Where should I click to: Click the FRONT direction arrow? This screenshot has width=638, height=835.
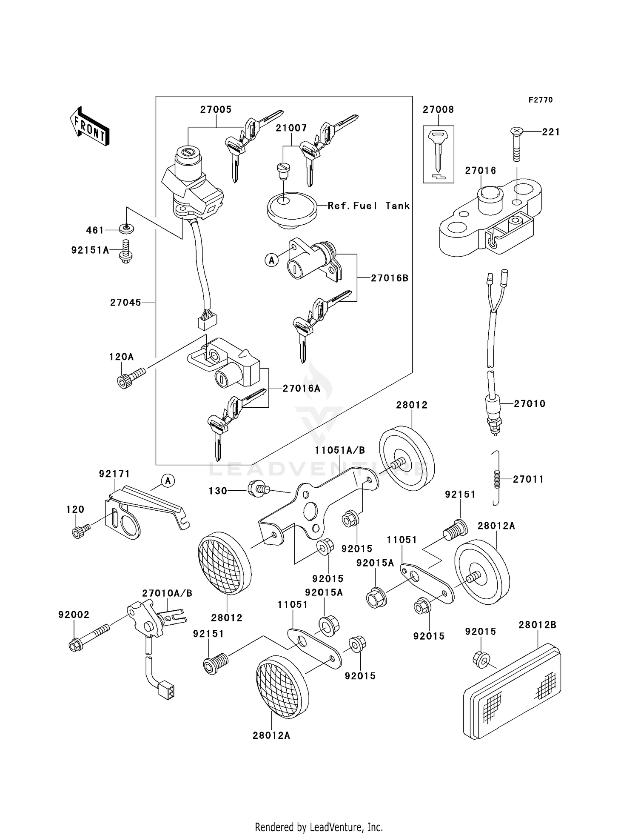tap(89, 126)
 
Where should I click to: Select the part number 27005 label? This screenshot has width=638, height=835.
tap(216, 110)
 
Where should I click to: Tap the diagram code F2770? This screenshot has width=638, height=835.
tap(541, 100)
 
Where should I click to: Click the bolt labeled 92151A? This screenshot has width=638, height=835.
tap(126, 252)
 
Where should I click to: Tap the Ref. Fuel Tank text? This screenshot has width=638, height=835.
tap(368, 206)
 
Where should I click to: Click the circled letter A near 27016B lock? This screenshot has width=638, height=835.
tap(271, 260)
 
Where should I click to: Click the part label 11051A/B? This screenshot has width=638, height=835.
tap(340, 450)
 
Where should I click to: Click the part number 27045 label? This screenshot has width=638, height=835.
tap(125, 303)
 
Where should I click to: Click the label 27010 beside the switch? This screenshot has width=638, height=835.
tap(529, 403)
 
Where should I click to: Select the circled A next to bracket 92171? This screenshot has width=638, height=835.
tap(168, 481)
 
